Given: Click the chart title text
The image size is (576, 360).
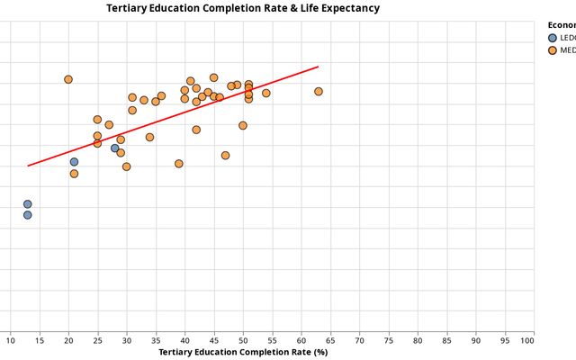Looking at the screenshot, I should pos(243,8).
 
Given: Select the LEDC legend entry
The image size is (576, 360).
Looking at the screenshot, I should pos(553,38).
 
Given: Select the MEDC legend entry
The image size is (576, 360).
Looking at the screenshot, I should pos(553,50).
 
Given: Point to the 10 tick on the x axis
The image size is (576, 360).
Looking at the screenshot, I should pos(10,338).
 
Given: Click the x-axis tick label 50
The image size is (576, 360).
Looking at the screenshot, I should pos(243,338).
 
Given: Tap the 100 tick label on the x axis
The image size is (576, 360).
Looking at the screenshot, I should pos(534,338).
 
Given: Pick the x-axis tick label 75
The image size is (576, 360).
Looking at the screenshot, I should pos(389,338).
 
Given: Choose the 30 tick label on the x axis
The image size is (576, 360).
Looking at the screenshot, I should pos(127,338).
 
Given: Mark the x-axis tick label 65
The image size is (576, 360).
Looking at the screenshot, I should pos(330,338).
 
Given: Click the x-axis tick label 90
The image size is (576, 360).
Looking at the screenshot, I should pos(476,338).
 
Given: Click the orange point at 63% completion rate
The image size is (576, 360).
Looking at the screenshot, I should pos(319,92).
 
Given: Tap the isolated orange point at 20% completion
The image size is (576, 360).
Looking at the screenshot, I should pos(68,79).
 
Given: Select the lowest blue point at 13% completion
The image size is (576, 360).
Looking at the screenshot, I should pos(28,215).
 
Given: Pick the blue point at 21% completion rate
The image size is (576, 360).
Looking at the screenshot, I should pos(74,162).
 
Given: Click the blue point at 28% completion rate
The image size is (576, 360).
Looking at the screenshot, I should pos(114,148).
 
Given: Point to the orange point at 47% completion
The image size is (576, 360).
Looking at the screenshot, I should pos(225,156).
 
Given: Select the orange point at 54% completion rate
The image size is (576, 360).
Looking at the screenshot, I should pos(266,93).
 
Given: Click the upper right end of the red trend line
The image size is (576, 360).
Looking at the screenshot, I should pos(319,67).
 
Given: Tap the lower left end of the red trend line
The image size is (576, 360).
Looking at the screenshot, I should pos(28,166).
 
